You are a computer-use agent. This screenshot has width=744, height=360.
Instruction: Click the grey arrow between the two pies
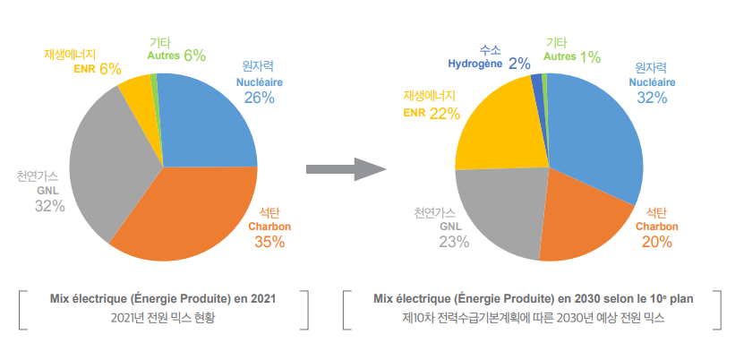point(345,168)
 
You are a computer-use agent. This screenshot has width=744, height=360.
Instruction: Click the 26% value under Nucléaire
point(259,98)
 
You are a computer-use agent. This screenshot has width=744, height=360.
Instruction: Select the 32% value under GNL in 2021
point(50,206)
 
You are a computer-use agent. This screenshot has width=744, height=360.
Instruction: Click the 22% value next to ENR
point(444,113)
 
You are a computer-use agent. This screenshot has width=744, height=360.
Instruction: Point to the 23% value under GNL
point(454,242)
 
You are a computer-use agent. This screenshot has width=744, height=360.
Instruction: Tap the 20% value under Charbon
point(657,242)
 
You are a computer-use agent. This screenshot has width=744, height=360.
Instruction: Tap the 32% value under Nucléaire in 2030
point(652,98)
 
